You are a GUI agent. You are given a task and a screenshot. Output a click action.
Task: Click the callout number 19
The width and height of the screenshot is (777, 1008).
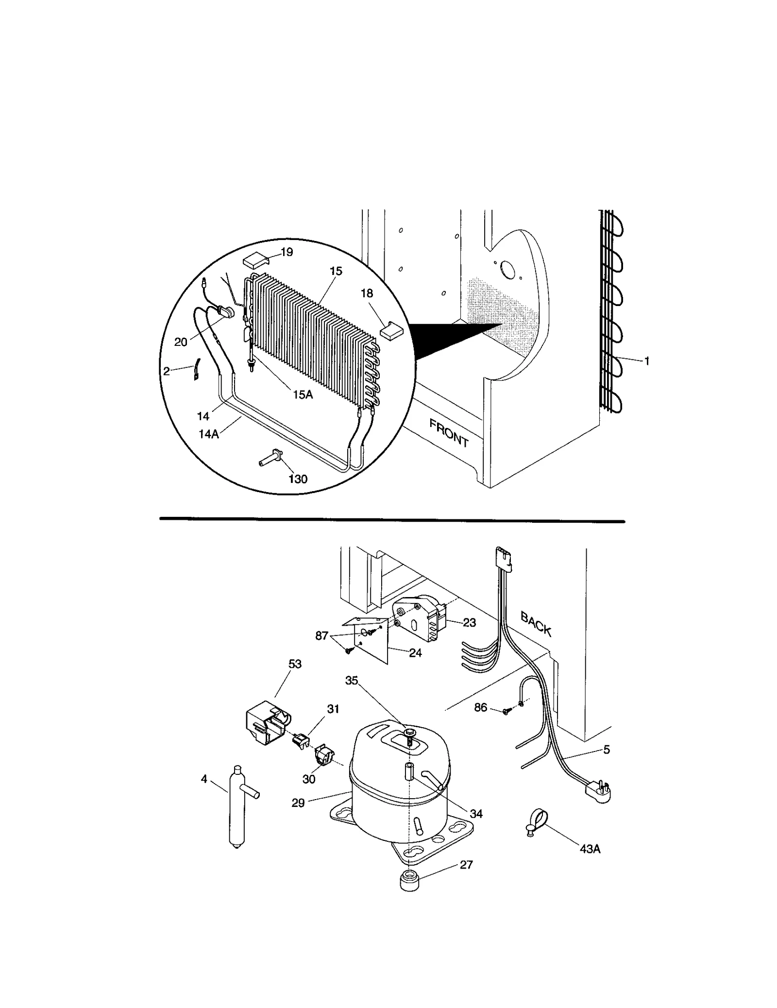(287, 252)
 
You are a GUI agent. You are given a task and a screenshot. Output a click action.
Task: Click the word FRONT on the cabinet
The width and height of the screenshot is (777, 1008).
(449, 433)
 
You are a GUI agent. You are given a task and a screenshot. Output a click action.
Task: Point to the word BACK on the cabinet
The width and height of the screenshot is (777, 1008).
(536, 624)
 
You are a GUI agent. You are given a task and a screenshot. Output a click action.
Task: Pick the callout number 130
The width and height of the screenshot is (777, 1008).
(298, 479)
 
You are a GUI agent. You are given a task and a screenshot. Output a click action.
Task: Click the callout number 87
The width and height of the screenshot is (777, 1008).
(322, 636)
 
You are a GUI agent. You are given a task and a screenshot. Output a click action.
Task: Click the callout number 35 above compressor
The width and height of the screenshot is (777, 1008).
(352, 681)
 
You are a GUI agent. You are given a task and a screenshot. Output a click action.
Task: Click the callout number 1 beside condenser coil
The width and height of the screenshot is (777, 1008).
(646, 361)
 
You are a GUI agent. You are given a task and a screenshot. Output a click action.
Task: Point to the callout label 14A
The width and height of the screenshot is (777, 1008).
(209, 434)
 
